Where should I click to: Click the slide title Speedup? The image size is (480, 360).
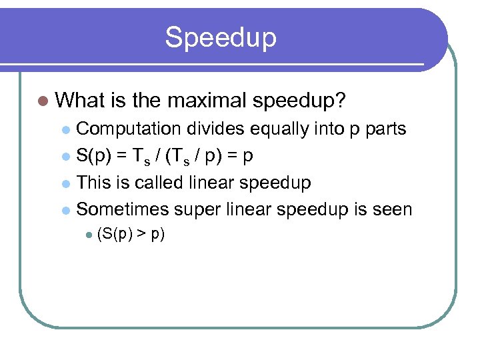[x=221, y=37]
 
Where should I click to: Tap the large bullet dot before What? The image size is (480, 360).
[x=44, y=101]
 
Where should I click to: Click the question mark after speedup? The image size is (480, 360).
[x=340, y=101]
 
